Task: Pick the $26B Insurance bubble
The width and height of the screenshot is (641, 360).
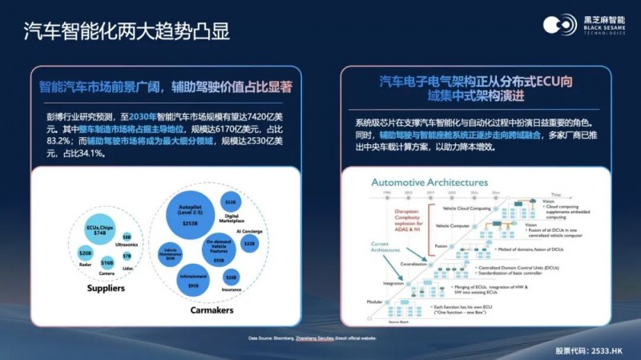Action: [x=232, y=277]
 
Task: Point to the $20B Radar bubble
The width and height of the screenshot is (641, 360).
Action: [x=85, y=253]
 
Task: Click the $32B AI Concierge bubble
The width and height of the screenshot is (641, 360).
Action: [x=249, y=242]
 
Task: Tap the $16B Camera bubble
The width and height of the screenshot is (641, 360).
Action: [x=107, y=263]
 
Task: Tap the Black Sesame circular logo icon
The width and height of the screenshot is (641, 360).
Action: [x=554, y=25]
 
